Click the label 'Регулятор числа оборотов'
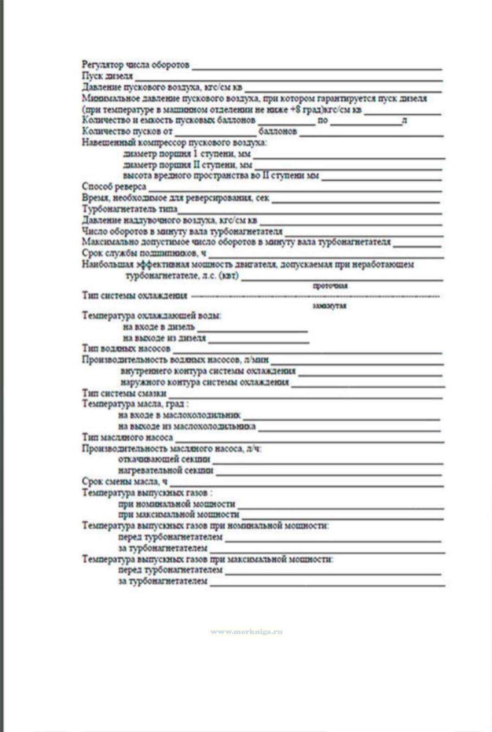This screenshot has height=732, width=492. (135, 65)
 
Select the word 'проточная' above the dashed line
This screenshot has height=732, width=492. (330, 286)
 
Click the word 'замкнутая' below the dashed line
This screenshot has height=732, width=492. (329, 306)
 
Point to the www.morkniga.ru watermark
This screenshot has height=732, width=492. (246, 632)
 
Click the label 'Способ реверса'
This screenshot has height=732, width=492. (114, 186)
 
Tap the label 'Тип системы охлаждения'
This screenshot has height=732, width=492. (134, 296)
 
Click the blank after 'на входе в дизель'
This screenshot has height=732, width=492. (252, 329)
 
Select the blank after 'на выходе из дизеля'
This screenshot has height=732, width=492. (258, 340)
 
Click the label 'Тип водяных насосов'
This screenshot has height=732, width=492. (126, 348)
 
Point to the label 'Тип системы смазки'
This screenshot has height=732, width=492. (124, 393)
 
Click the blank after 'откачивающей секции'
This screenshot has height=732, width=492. (328, 461)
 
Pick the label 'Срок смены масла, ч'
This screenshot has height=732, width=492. (125, 481)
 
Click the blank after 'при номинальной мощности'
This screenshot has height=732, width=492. (340, 506)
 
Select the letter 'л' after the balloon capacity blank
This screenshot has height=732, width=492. (404, 121)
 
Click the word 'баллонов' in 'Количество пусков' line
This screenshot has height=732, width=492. (277, 132)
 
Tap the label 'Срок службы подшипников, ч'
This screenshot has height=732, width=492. (144, 253)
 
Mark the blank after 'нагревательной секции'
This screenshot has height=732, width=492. (329, 472)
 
